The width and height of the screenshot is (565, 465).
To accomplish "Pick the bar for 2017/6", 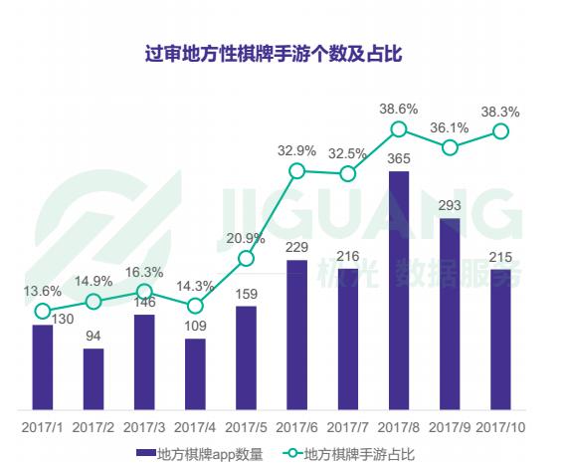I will [x=296, y=334].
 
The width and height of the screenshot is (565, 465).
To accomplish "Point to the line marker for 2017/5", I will [x=246, y=259].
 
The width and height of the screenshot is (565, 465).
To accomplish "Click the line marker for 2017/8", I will [x=399, y=128].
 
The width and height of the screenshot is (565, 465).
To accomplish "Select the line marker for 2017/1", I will [x=42, y=311].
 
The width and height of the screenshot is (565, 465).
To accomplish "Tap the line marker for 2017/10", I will [x=501, y=130].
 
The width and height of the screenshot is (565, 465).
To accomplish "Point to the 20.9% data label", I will [x=245, y=238].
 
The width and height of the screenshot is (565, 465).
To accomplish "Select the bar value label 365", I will [x=399, y=158].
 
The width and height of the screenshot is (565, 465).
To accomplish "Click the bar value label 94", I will [x=94, y=336].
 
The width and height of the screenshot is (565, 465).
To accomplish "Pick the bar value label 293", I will [x=450, y=205].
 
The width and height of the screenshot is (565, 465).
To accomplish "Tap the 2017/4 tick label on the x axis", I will [x=195, y=426].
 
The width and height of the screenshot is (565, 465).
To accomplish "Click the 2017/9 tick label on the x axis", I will [x=450, y=426].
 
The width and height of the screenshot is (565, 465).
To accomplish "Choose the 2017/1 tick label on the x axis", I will [x=42, y=426].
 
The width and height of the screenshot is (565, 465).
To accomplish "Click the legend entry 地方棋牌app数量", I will [x=204, y=453].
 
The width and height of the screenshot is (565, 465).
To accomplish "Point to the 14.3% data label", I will [x=195, y=286].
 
